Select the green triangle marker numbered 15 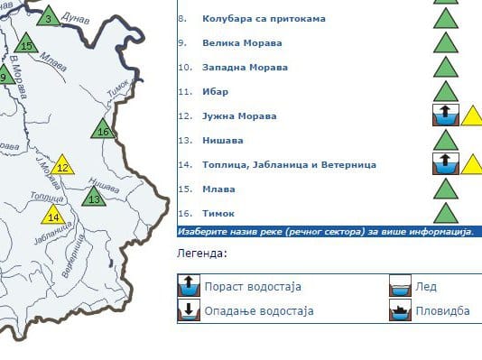pos(26,46)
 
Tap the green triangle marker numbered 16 pos(103,131)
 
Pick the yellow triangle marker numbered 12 pos(62,166)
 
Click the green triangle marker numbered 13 pos(94,198)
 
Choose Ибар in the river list pos(215,91)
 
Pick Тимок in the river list pos(218,213)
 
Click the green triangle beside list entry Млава pos(445,189)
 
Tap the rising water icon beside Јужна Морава pos(445,115)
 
